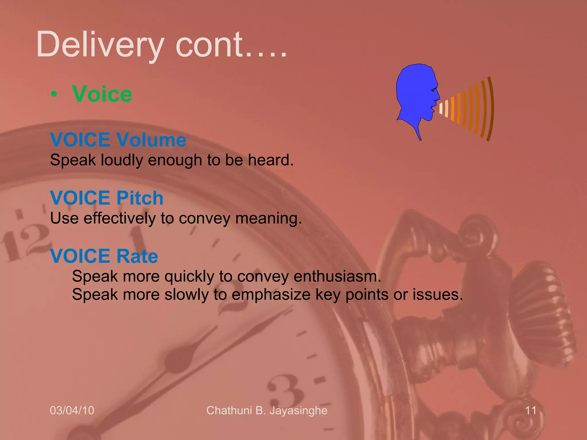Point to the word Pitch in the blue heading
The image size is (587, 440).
click(x=140, y=198)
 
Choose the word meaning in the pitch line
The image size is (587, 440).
click(x=268, y=219)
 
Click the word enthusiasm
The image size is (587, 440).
click(x=337, y=276)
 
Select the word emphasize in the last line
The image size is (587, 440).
click(x=271, y=295)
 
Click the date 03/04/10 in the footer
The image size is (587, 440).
click(x=72, y=410)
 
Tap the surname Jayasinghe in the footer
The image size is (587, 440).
click(x=298, y=410)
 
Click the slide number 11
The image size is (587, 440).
click(x=531, y=410)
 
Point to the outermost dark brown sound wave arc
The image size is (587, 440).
click(x=491, y=109)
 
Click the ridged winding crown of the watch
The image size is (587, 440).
click(x=545, y=315)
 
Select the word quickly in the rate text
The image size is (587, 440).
click(x=189, y=277)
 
